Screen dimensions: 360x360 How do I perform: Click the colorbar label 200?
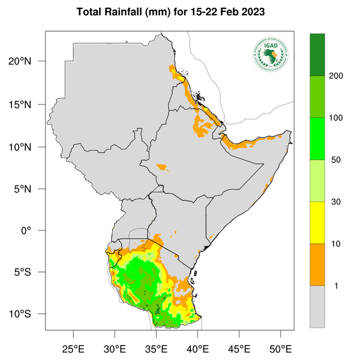(x=337, y=76)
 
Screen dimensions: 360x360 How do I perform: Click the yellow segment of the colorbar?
(x=317, y=223)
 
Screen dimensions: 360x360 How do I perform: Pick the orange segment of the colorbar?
(x=317, y=264)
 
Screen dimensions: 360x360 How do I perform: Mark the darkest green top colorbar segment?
(x=317, y=55)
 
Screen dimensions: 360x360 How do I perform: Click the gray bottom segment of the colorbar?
(x=317, y=306)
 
